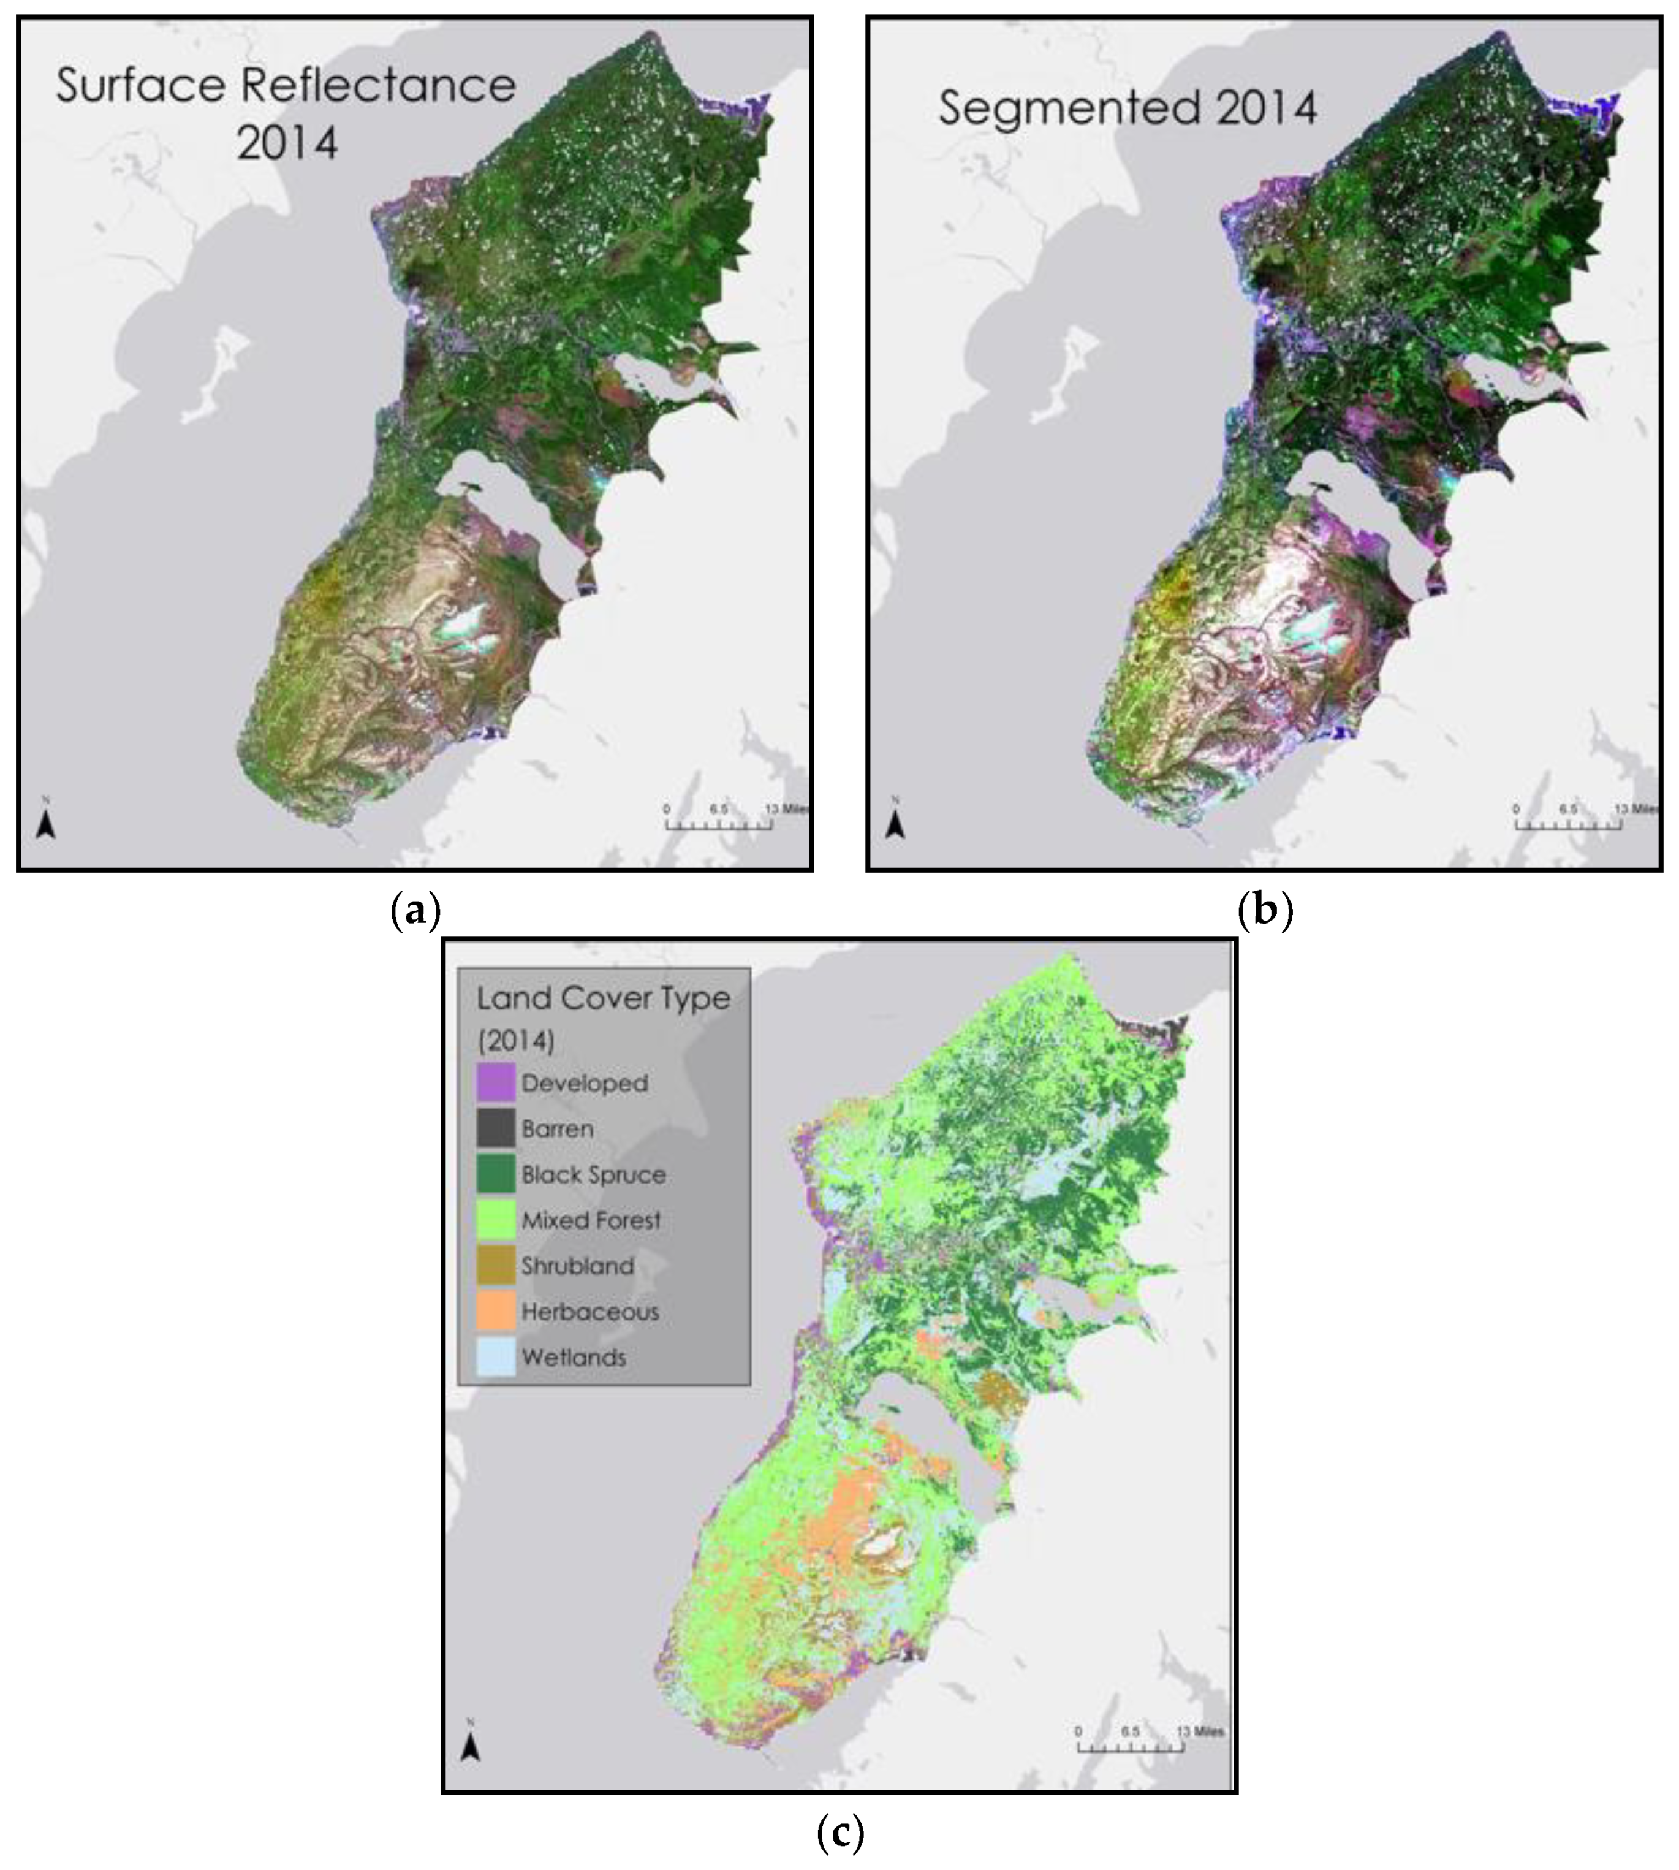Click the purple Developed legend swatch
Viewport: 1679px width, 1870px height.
[495, 1083]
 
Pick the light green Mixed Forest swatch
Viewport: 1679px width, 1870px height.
[495, 1220]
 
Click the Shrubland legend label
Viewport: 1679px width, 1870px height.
[577, 1266]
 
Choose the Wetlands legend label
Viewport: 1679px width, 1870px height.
[574, 1357]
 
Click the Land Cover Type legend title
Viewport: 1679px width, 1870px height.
[604, 998]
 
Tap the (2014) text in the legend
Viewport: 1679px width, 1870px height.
[516, 1041]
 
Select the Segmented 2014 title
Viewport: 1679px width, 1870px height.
[1128, 108]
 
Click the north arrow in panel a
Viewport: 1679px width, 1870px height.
[46, 824]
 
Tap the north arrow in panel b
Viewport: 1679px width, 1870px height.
[895, 824]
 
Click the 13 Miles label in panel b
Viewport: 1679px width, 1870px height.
[1637, 809]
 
